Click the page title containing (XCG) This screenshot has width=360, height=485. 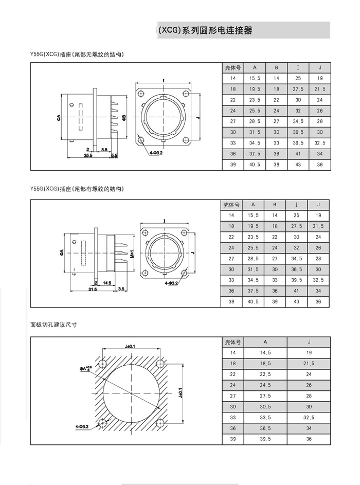[205, 31]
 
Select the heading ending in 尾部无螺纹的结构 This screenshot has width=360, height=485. [77, 54]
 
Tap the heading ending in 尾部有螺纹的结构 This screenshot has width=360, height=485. [77, 189]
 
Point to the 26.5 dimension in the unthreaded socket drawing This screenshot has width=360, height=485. [88, 155]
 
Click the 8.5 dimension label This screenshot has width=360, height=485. [104, 149]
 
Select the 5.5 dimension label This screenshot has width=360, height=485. [114, 155]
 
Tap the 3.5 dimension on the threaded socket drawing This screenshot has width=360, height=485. [121, 290]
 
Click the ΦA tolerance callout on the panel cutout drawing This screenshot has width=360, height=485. [85, 368]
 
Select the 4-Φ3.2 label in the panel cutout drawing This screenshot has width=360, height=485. [82, 426]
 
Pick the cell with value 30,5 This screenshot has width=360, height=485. [265, 407]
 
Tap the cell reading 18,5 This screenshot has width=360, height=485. [265, 364]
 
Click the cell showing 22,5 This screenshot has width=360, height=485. [265, 374]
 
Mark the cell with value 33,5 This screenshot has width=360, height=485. [265, 418]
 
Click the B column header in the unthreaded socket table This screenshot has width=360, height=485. [276, 68]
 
